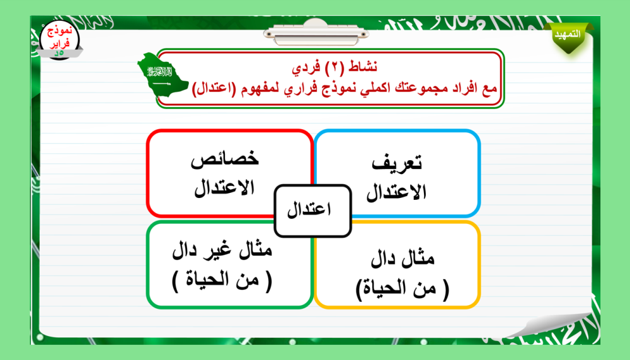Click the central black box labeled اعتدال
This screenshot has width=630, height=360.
pyautogui.click(x=312, y=211)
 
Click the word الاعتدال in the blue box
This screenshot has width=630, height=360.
pyautogui.click(x=396, y=192)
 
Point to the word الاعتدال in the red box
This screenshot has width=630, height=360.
pyautogui.click(x=224, y=187)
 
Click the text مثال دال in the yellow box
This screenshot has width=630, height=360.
pyautogui.click(x=403, y=258)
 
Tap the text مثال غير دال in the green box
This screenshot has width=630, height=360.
pyautogui.click(x=222, y=250)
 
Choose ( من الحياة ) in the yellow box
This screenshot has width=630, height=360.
pyautogui.click(x=403, y=288)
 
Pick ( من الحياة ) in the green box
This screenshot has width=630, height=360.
pyautogui.click(x=222, y=281)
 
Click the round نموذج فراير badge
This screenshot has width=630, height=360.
pyautogui.click(x=59, y=40)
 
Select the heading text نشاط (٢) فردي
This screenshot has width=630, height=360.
pyautogui.click(x=335, y=67)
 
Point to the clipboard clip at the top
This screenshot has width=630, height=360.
pyautogui.click(x=316, y=33)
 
